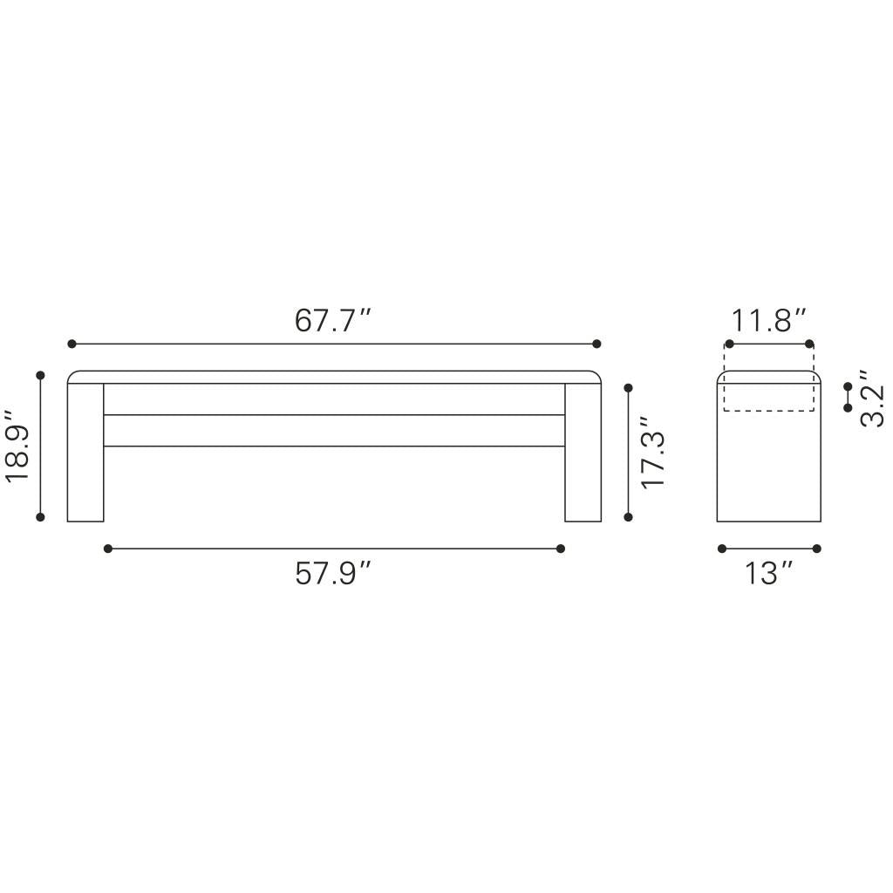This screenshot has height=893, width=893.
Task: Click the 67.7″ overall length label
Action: (x=333, y=320)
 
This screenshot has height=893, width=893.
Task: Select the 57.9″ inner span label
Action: (x=333, y=573)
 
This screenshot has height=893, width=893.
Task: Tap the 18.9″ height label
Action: (x=17, y=446)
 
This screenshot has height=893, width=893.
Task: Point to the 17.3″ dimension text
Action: (x=652, y=453)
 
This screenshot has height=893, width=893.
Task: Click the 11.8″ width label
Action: (x=769, y=320)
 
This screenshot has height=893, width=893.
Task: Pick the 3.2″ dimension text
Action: (x=872, y=398)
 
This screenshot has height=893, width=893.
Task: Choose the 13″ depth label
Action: (x=769, y=573)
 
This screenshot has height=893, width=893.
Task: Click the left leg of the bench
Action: (x=85, y=453)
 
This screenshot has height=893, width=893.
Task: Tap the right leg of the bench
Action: (x=583, y=453)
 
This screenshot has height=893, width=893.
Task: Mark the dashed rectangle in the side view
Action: (x=769, y=411)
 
